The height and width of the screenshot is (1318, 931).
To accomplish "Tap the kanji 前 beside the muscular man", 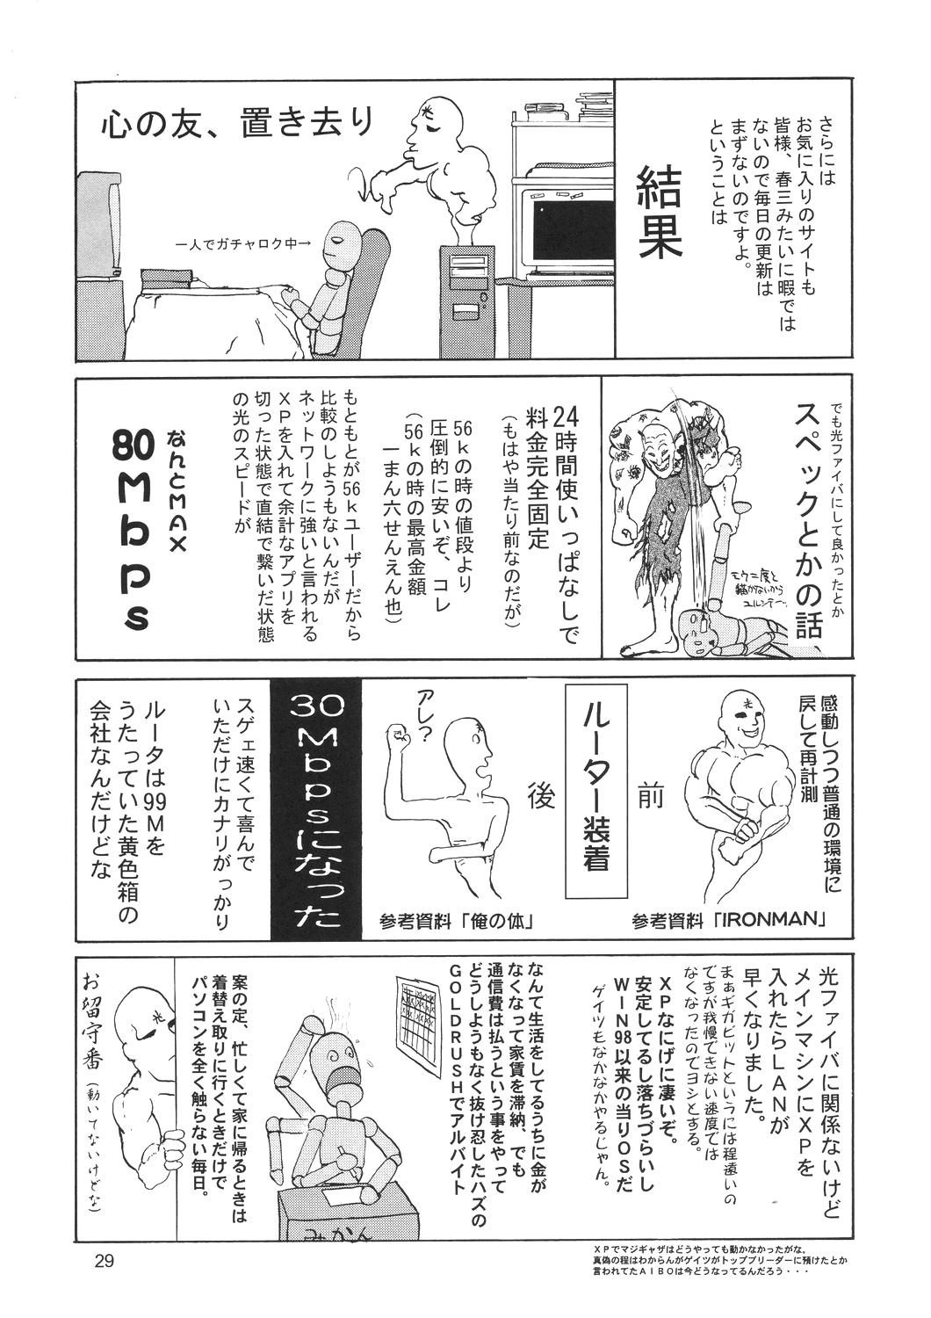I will click(650, 795).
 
